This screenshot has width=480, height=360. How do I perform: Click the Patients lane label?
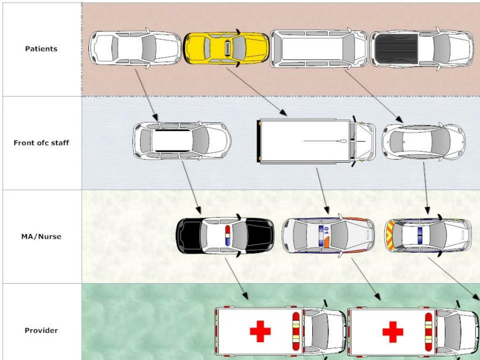click(41, 49)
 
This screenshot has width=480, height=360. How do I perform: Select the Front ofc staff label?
click(41, 143)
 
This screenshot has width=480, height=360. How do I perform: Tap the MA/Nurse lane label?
click(41, 237)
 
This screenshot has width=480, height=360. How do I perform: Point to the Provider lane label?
click(41, 330)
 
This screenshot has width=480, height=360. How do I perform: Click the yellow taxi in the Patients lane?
click(226, 48)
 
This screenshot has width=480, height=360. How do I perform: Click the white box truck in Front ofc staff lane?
click(316, 141)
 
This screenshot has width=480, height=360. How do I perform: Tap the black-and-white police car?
click(225, 236)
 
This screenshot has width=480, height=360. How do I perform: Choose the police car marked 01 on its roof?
click(328, 235)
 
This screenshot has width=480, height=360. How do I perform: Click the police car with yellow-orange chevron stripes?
click(427, 235)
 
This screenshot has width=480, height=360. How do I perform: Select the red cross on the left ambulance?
click(260, 332)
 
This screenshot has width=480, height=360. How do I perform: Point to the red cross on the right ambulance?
click(393, 332)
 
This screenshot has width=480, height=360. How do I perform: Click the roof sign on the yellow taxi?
click(227, 48)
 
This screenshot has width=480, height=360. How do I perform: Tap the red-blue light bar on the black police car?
click(228, 235)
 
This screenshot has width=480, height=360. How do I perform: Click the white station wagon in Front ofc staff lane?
click(182, 141)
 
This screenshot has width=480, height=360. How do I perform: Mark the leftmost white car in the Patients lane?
click(135, 49)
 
